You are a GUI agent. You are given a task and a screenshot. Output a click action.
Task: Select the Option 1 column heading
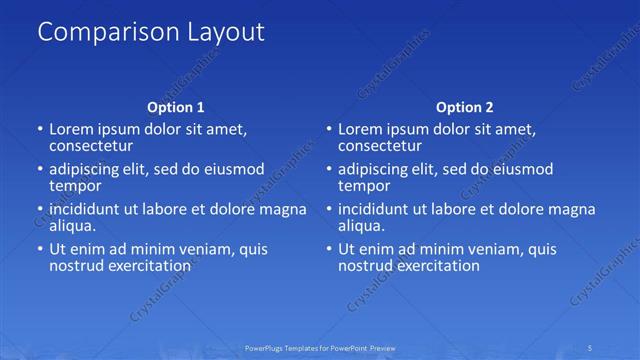pos(176,107)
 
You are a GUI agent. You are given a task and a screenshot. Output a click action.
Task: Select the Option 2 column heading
pos(465,107)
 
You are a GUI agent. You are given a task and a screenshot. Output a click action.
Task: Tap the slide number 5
pos(591,347)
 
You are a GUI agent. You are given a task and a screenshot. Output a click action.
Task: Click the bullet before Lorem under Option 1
pos(39,130)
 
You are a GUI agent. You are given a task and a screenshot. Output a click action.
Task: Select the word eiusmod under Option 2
pos(521,169)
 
